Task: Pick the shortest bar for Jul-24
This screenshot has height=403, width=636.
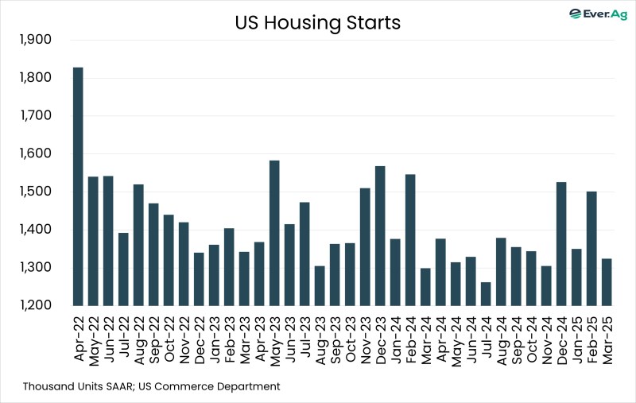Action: pyautogui.click(x=486, y=294)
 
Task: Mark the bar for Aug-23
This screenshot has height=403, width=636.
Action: pyautogui.click(x=320, y=285)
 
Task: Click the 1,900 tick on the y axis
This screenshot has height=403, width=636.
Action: pyautogui.click(x=34, y=40)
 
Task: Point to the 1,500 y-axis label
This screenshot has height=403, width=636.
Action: pyautogui.click(x=34, y=192)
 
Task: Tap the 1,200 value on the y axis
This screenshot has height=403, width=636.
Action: pyautogui.click(x=34, y=306)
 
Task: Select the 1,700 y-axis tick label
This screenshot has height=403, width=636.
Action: pyautogui.click(x=34, y=116)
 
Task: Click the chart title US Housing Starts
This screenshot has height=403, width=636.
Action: pyautogui.click(x=317, y=23)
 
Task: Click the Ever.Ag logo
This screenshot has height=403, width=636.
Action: pyautogui.click(x=597, y=14)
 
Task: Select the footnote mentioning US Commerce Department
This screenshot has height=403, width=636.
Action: pyautogui.click(x=151, y=386)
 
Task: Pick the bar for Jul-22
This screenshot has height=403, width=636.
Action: pyautogui.click(x=123, y=269)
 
